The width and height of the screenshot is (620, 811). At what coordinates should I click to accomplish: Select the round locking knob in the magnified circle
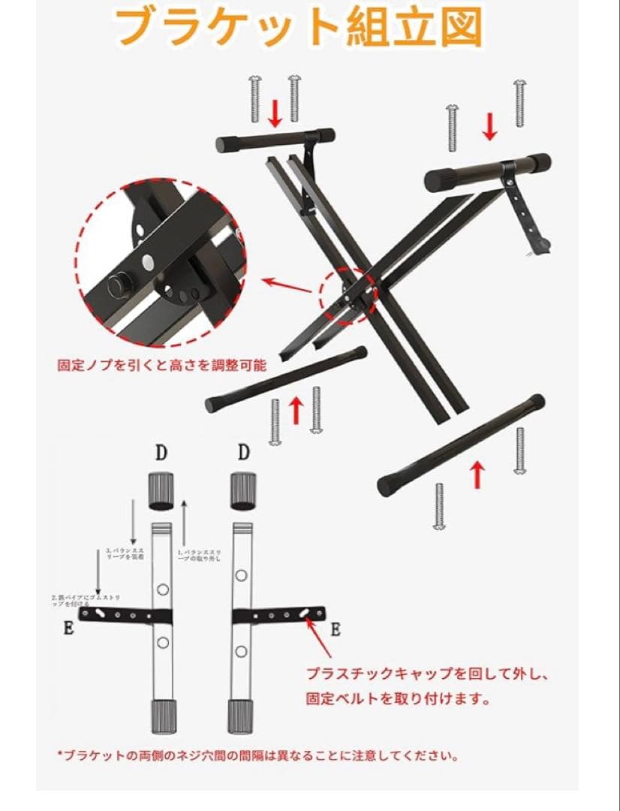point(117,285)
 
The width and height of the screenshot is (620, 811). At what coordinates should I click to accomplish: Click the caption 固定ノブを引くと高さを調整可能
point(161,366)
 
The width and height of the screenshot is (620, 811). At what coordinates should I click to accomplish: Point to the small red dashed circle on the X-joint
point(350,296)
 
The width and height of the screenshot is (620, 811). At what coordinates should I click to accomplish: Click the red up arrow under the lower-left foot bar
point(296,409)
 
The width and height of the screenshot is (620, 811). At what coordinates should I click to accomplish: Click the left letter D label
point(161,452)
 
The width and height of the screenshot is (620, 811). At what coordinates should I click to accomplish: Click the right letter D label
point(242,452)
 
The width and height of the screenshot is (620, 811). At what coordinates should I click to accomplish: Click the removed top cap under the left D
point(161,489)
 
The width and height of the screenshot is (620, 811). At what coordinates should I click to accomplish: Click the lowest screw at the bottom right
point(439,505)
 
